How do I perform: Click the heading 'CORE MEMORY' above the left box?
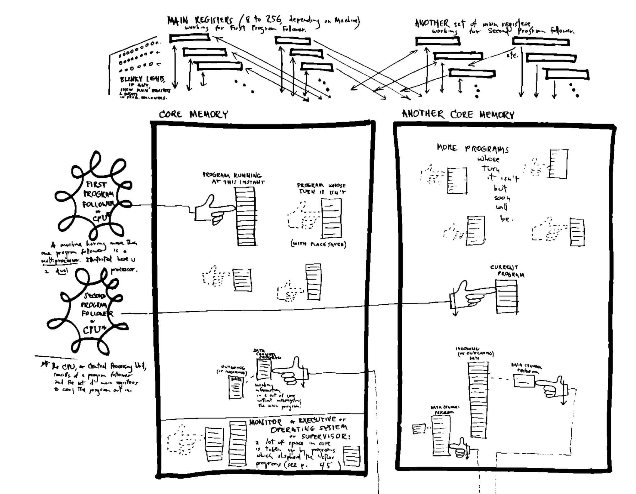tap(193, 114)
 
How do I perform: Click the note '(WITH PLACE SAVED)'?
tap(318, 244)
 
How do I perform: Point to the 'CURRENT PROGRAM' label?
tap(507, 271)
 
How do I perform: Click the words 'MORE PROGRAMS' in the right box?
tap(472, 148)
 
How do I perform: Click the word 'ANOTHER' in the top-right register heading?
tap(432, 23)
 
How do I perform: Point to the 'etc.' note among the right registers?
tap(512, 56)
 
